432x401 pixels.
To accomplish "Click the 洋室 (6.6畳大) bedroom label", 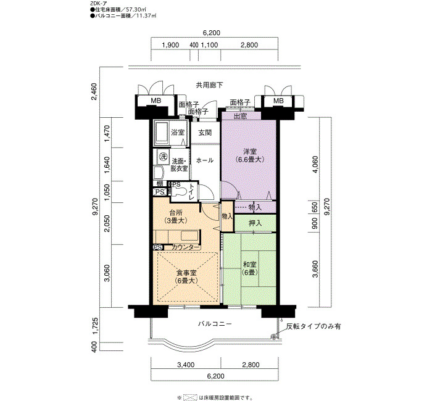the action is (x=249, y=155).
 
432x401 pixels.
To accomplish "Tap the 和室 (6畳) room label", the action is (x=249, y=268).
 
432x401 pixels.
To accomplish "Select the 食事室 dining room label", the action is (x=186, y=277).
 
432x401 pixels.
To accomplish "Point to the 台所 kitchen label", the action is (x=175, y=217).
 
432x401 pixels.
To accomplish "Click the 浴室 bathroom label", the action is (x=178, y=133).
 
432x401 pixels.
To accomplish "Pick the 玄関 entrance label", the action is (x=205, y=133).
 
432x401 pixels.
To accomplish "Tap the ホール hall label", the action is (x=205, y=160).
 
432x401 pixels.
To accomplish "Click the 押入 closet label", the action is (x=255, y=223).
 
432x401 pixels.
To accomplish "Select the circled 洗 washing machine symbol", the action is (x=163, y=157).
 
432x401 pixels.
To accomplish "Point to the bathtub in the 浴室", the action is (x=161, y=133).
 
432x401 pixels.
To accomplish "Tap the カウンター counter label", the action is (x=185, y=247).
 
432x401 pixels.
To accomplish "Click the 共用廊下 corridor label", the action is (x=209, y=85).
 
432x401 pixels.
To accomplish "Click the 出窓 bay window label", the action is (x=241, y=117).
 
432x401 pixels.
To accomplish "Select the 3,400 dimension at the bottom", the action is (x=186, y=365).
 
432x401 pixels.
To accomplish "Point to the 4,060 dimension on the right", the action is (x=315, y=164).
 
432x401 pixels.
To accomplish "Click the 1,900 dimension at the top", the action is (x=170, y=45).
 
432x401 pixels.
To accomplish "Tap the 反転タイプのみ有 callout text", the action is (x=314, y=326).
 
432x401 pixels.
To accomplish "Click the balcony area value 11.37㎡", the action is (x=146, y=16).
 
